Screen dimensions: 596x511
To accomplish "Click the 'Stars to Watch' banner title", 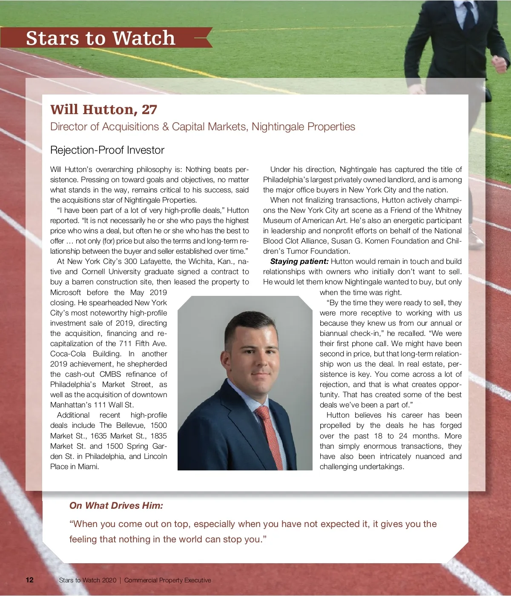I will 100,38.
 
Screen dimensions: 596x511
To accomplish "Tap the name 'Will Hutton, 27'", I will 103,109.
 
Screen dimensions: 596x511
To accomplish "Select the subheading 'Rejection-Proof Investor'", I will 107,150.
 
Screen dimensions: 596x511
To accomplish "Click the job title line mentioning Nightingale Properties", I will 202,127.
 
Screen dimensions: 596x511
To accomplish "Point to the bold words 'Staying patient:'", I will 299,261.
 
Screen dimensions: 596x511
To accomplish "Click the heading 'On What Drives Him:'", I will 116,505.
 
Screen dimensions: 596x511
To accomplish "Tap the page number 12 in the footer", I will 29,580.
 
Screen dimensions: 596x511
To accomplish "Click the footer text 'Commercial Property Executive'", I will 167,580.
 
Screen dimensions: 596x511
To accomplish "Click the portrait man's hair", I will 247,324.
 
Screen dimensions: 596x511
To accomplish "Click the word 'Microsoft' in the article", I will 66,292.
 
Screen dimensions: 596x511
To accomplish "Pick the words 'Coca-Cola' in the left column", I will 68,354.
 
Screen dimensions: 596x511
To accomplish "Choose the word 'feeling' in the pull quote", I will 83,539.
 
